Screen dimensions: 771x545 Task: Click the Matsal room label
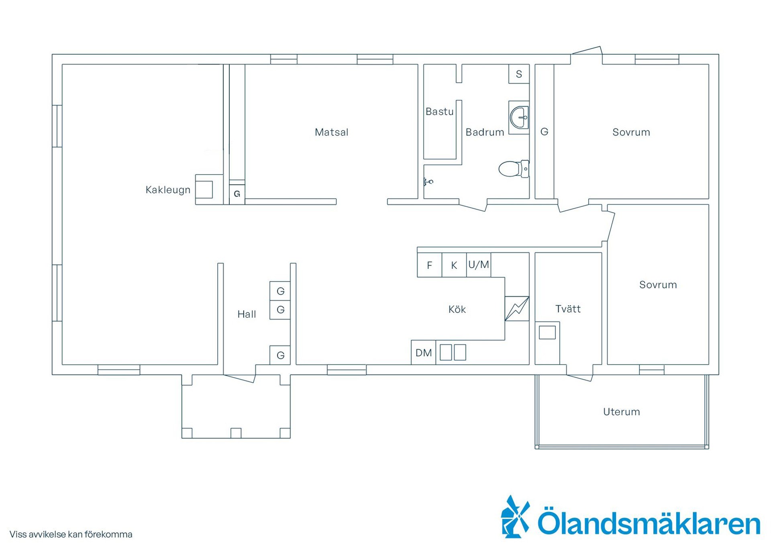(x=331, y=132)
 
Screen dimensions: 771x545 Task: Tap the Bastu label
(x=440, y=112)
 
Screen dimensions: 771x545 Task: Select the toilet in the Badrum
(x=514, y=169)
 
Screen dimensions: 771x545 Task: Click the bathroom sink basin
(x=519, y=118)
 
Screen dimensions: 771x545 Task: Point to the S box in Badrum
(x=519, y=74)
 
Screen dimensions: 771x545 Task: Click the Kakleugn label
(x=168, y=190)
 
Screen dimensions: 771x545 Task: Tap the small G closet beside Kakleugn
(x=237, y=194)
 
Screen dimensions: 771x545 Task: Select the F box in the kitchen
(x=430, y=265)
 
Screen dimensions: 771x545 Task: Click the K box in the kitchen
(x=454, y=265)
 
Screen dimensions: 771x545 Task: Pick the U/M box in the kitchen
(x=479, y=265)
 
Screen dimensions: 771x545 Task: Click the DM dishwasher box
(x=424, y=353)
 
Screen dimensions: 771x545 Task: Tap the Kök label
(x=457, y=309)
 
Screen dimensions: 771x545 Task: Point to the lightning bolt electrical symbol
(x=517, y=308)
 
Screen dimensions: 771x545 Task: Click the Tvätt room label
(x=568, y=309)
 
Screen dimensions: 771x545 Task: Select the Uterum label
(x=622, y=412)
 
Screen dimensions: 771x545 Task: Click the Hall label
(x=247, y=314)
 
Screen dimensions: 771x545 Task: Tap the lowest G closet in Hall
(x=280, y=355)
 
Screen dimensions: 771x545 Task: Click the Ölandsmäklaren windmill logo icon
(x=515, y=517)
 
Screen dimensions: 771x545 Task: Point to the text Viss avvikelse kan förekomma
(x=71, y=534)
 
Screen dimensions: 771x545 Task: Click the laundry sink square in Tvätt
(x=547, y=333)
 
